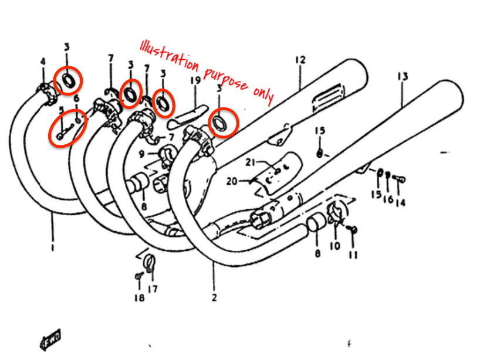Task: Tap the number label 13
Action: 402,76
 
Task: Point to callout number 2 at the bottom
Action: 214,297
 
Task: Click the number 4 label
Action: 43,62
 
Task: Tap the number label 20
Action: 232,181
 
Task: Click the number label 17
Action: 152,288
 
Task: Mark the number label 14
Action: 400,203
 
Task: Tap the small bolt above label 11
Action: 354,228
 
